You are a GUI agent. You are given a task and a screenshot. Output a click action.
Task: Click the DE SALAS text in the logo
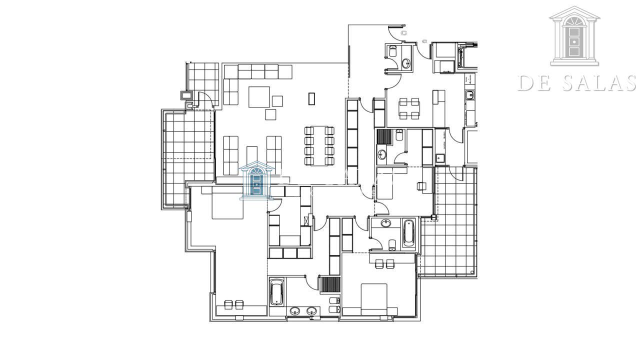pyautogui.click(x=577, y=83)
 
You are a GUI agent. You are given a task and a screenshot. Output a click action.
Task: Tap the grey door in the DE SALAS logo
pyautogui.click(x=574, y=41)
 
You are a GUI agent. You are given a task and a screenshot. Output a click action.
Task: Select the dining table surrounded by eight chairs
pyautogui.click(x=319, y=145)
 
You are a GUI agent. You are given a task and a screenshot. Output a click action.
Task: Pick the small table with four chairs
pyautogui.click(x=409, y=108)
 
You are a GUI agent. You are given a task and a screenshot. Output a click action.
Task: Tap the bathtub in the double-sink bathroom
pyautogui.click(x=276, y=292)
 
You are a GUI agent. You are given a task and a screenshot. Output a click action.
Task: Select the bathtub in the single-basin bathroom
pyautogui.click(x=408, y=232)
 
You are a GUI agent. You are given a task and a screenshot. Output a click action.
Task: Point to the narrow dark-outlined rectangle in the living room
pyautogui.click(x=311, y=98)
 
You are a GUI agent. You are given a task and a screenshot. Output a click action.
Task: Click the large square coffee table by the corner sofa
pyautogui.click(x=259, y=97)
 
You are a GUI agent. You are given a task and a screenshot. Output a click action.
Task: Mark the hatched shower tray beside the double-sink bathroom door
pyautogui.click(x=330, y=284)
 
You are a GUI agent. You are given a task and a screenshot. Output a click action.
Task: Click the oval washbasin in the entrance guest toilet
pyautogui.click(x=405, y=63)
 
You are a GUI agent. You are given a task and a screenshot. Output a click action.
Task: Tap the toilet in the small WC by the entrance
pyautogui.click(x=392, y=51)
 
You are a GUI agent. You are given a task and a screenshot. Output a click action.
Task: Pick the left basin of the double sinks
pyautogui.click(x=295, y=311)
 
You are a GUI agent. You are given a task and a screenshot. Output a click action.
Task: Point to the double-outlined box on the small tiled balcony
pyautogui.click(x=186, y=95)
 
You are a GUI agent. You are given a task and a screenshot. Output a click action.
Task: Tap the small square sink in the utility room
pyautogui.click(x=440, y=158)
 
